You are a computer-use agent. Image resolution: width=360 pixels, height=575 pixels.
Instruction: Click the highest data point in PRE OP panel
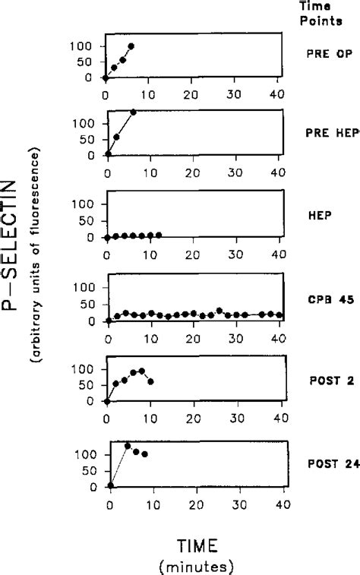131,46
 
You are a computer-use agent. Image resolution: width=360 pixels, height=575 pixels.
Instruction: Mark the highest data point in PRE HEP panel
133,112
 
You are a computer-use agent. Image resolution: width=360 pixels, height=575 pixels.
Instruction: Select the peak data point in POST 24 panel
128,446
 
